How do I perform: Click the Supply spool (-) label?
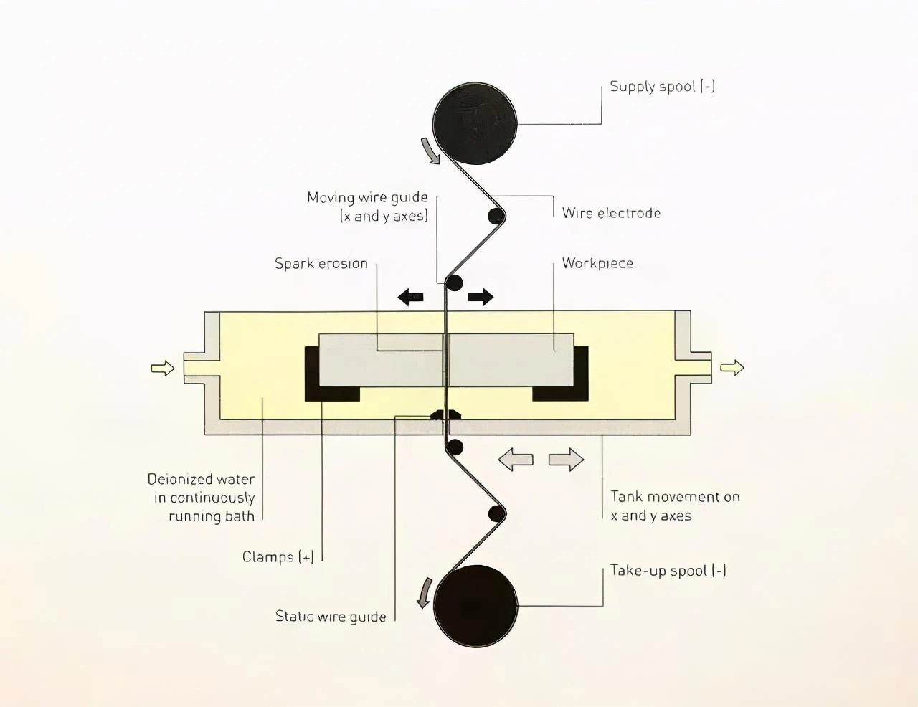[x=662, y=87]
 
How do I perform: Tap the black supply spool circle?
[x=475, y=123]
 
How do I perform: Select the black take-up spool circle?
[x=475, y=606]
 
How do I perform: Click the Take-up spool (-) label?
[x=668, y=571]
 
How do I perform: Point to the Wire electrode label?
[x=611, y=213]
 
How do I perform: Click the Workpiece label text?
[x=597, y=263]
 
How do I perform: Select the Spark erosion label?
[x=321, y=264]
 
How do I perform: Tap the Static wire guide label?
[x=331, y=617]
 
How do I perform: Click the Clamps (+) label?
[x=278, y=557]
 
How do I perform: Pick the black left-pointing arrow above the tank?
[x=411, y=296]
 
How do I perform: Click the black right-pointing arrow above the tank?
[x=481, y=296]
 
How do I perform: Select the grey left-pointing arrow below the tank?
[x=516, y=460]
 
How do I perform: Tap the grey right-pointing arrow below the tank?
[x=567, y=460]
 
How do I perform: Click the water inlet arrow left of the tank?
[x=163, y=369]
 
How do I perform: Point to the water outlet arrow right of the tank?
[x=732, y=368]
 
